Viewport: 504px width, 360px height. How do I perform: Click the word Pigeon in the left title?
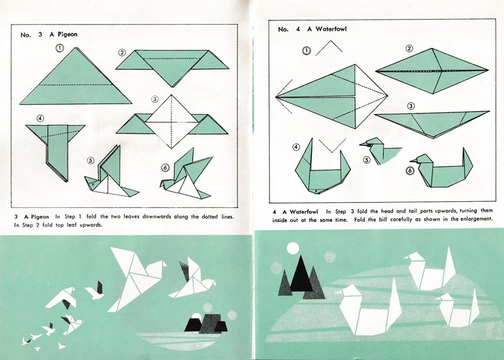(67, 35)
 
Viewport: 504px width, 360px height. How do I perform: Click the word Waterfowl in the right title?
(331, 29)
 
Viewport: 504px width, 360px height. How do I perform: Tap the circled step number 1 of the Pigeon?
(60, 49)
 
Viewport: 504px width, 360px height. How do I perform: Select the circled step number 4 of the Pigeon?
(40, 119)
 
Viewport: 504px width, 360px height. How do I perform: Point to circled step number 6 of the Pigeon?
(165, 168)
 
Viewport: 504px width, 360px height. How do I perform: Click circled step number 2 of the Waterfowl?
(409, 49)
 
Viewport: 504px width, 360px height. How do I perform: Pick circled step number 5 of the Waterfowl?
(367, 160)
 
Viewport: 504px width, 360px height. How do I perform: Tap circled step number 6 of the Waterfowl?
(410, 170)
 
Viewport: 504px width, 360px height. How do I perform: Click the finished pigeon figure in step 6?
(186, 175)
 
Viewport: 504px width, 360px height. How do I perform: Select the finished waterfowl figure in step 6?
(442, 169)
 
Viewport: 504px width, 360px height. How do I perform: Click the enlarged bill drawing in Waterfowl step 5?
(379, 151)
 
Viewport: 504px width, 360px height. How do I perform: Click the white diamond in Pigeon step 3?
(171, 122)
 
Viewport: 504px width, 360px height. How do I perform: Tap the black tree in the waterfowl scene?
(301, 274)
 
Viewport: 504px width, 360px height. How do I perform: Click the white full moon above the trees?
(293, 248)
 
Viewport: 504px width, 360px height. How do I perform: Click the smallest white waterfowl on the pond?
(458, 309)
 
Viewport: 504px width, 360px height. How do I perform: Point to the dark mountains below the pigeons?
(206, 323)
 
